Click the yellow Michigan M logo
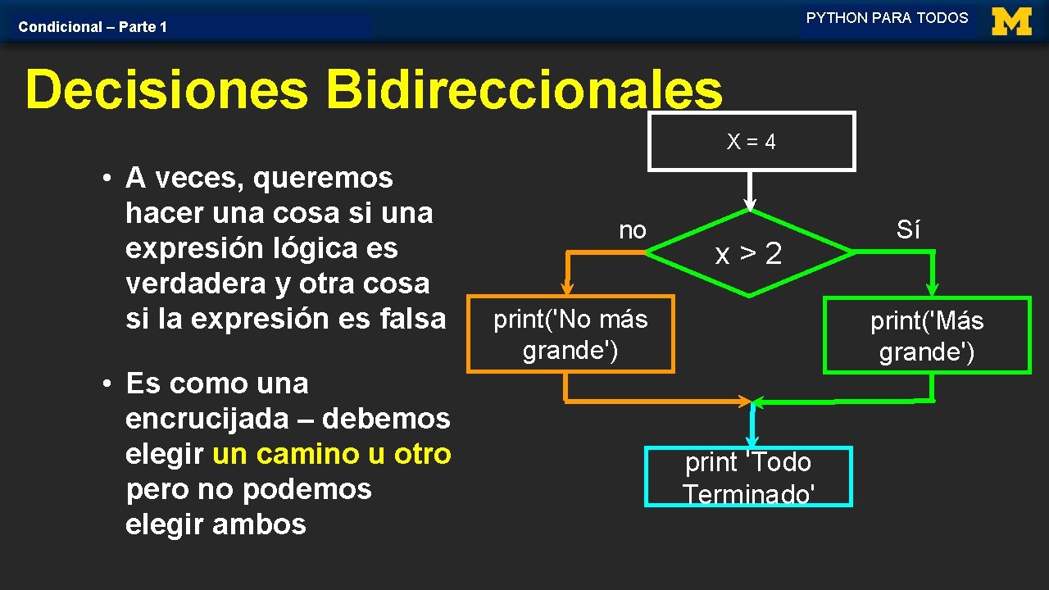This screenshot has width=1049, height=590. coord(1011,21)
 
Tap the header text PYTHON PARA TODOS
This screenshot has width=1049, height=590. coord(887,18)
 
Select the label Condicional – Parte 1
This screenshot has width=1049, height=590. coord(93,27)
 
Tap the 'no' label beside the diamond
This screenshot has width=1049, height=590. coord(633,230)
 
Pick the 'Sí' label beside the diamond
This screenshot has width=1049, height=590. coord(908,229)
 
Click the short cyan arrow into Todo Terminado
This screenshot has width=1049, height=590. coord(752,424)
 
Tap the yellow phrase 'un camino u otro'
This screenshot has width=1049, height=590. coord(332,454)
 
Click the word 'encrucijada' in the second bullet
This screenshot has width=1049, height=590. coord(207,419)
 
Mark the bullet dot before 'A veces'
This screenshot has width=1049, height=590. coord(107,178)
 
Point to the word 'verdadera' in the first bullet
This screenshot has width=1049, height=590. coord(196,284)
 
